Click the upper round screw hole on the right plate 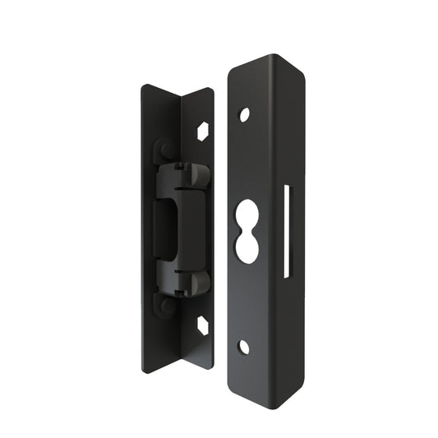point(244,114)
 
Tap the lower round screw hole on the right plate point(243,347)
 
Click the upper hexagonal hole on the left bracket point(203,130)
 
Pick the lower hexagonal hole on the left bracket point(203,326)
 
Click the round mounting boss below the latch point(164,304)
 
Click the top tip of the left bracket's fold point(182,97)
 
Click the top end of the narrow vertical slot point(287,188)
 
